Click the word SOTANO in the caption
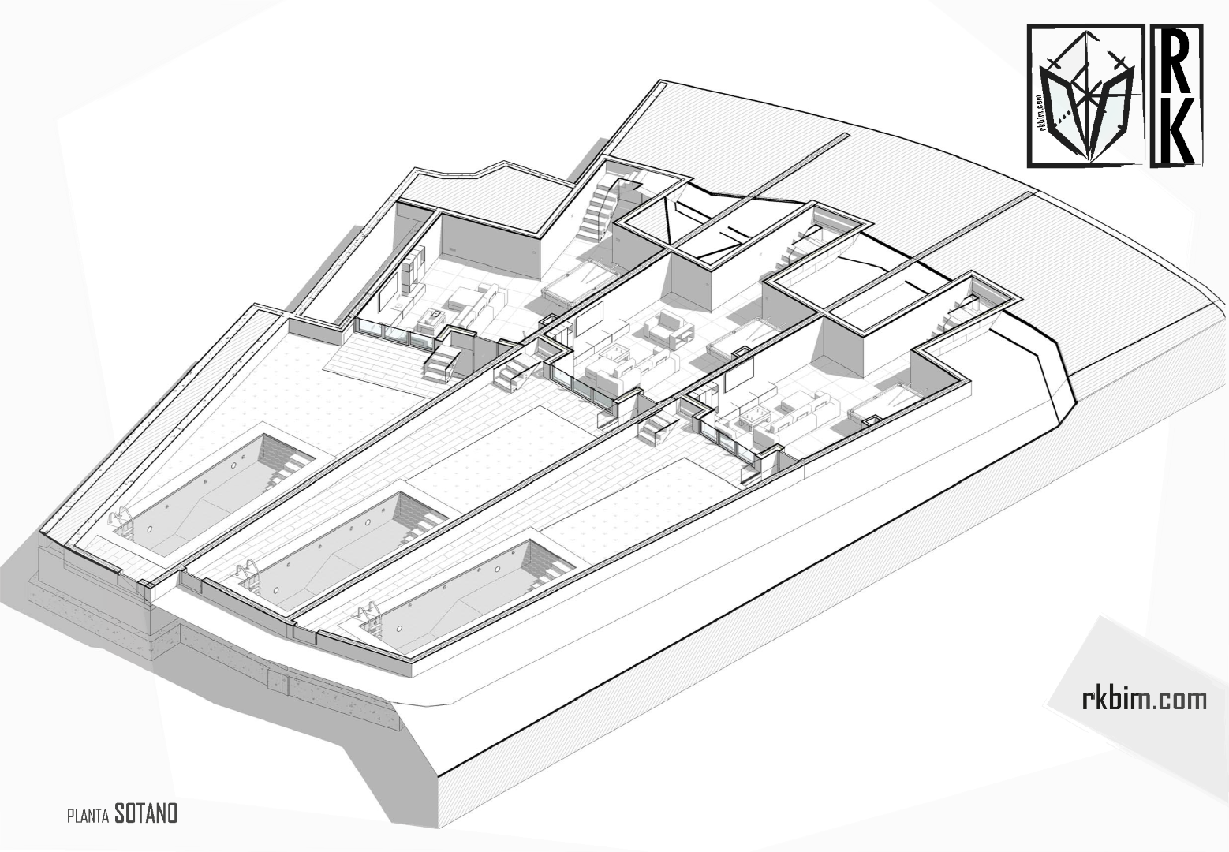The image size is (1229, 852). tap(146, 813)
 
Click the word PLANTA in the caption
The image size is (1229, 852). tap(88, 816)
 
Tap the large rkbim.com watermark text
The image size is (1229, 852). tap(1143, 698)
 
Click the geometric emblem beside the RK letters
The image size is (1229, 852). tap(1085, 95)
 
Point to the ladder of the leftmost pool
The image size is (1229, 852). tap(120, 521)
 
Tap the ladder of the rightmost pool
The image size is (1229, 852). tap(371, 616)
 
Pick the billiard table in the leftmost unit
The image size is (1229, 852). tap(579, 281)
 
